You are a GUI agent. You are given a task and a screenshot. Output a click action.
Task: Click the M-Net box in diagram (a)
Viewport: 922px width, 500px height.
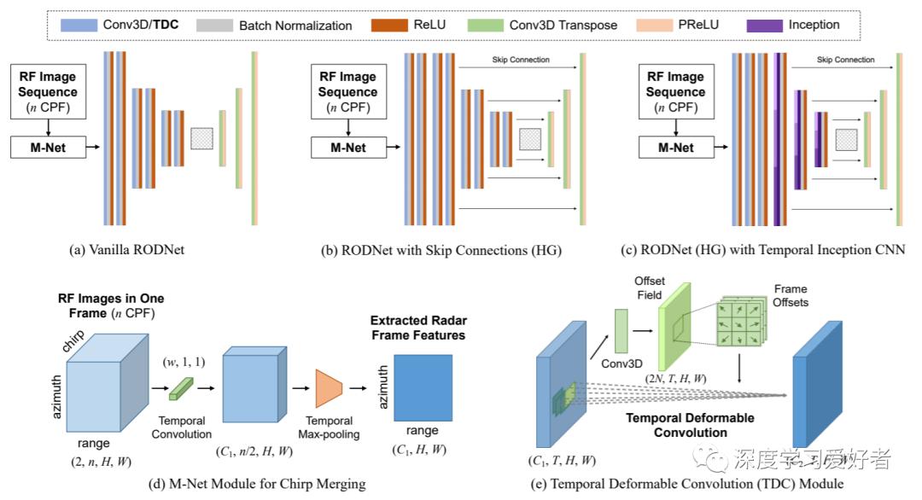point(48,147)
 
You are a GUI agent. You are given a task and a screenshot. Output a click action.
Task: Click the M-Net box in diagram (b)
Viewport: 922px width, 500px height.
point(348,147)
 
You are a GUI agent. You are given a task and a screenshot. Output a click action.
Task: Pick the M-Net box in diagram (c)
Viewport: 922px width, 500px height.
point(675,147)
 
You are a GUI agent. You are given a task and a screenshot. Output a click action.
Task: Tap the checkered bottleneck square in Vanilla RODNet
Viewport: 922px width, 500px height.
point(201,138)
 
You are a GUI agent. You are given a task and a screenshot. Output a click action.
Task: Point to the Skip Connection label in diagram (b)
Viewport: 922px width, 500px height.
point(521,60)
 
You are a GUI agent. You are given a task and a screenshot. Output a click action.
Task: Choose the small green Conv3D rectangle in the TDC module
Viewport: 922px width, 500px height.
point(621,331)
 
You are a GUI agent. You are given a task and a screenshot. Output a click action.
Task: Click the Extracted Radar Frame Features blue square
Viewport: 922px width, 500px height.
point(423,387)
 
